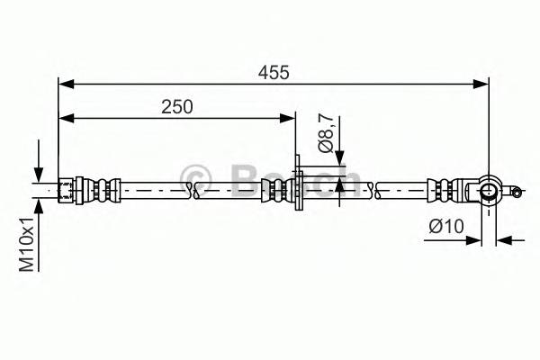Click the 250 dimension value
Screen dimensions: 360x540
coord(177,106)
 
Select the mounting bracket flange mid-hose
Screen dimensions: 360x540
coord(299,189)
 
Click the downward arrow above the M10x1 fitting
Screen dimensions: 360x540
coord(39,175)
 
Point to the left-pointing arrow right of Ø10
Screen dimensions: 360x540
coord(503,239)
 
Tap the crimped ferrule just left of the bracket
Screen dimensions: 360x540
coord(272,189)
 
